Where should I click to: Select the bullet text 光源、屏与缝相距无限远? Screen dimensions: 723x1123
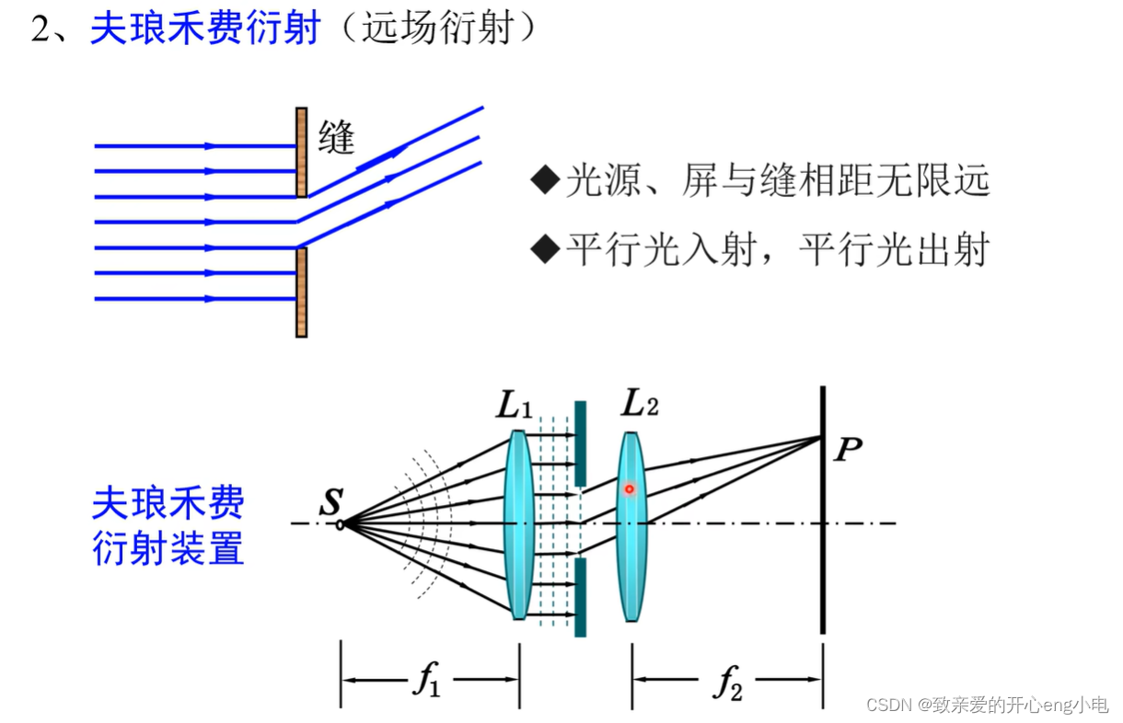tap(777, 180)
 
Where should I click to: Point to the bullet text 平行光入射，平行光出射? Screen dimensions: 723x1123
tap(777, 249)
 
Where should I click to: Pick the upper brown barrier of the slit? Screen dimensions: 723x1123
tap(301, 152)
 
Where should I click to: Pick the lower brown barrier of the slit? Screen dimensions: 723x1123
tap(301, 293)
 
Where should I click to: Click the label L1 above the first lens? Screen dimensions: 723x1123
tap(515, 406)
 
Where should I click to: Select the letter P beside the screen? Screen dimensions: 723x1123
tap(848, 451)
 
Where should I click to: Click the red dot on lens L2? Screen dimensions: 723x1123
tap(630, 488)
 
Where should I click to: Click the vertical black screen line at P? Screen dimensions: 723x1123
tap(822, 552)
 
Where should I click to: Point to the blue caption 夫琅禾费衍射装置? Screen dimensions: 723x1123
tap(168, 526)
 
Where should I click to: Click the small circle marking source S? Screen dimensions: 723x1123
tap(341, 524)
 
